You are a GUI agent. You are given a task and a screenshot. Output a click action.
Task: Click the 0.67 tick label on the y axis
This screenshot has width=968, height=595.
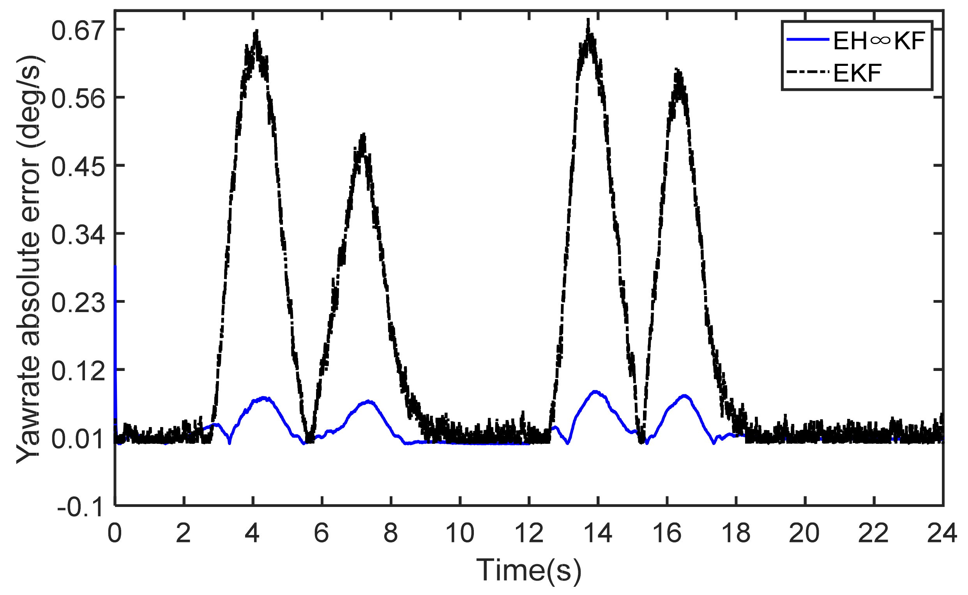pyautogui.click(x=79, y=31)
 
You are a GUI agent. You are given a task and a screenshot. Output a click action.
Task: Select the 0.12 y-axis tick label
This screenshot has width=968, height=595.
pyautogui.click(x=79, y=371)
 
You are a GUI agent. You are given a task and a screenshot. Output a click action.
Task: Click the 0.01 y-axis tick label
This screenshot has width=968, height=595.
pyautogui.click(x=79, y=439)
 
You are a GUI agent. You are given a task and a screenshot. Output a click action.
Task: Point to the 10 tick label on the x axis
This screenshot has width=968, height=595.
pyautogui.click(x=459, y=533)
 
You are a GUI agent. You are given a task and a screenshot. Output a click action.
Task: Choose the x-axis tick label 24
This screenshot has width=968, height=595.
pyautogui.click(x=942, y=533)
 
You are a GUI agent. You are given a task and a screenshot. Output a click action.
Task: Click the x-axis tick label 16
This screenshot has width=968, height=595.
pyautogui.click(x=667, y=533)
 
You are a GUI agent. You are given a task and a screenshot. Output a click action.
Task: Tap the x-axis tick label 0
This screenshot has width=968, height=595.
pyautogui.click(x=115, y=533)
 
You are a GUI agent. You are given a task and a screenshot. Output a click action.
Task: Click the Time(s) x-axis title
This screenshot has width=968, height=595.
pyautogui.click(x=528, y=570)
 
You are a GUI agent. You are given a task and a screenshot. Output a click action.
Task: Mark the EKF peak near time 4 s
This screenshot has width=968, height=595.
pyautogui.click(x=256, y=31)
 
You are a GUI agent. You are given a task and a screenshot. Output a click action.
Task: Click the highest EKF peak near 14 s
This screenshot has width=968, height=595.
pyautogui.click(x=588, y=19)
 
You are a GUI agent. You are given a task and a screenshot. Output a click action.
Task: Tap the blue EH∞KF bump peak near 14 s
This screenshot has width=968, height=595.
pyautogui.click(x=595, y=392)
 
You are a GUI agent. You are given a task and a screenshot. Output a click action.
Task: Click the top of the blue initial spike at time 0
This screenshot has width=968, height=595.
pyautogui.click(x=115, y=267)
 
